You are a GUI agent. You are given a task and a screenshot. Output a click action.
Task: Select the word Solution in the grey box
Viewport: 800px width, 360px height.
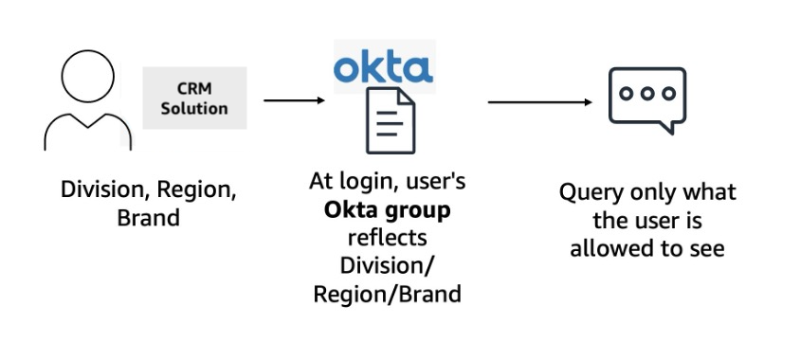click(x=193, y=108)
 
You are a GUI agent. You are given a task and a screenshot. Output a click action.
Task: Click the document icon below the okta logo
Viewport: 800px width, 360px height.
click(x=390, y=120)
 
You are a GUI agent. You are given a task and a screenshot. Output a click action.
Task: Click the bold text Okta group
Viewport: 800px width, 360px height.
click(x=386, y=208)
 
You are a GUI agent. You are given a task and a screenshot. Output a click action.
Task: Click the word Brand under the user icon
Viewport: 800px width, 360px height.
click(x=148, y=217)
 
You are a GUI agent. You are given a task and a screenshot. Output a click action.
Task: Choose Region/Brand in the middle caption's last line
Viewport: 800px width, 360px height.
click(x=387, y=294)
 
